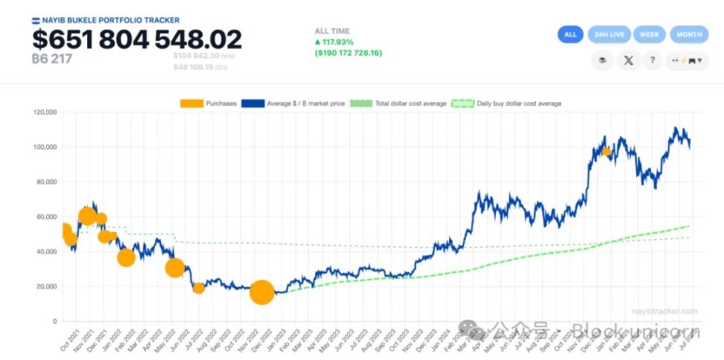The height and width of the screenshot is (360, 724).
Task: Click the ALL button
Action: click(x=571, y=34)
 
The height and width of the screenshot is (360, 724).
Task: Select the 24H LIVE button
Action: click(x=609, y=34)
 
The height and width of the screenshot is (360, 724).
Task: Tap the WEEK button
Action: click(x=649, y=34)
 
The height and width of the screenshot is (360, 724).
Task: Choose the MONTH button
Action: click(x=688, y=34)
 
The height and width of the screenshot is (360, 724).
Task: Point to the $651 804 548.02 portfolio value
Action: click(x=137, y=40)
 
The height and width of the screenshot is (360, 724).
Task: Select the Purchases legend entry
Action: click(x=209, y=103)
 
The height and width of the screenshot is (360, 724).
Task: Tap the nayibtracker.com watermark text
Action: click(x=664, y=311)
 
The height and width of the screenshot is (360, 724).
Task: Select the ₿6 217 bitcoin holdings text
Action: click(x=51, y=58)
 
